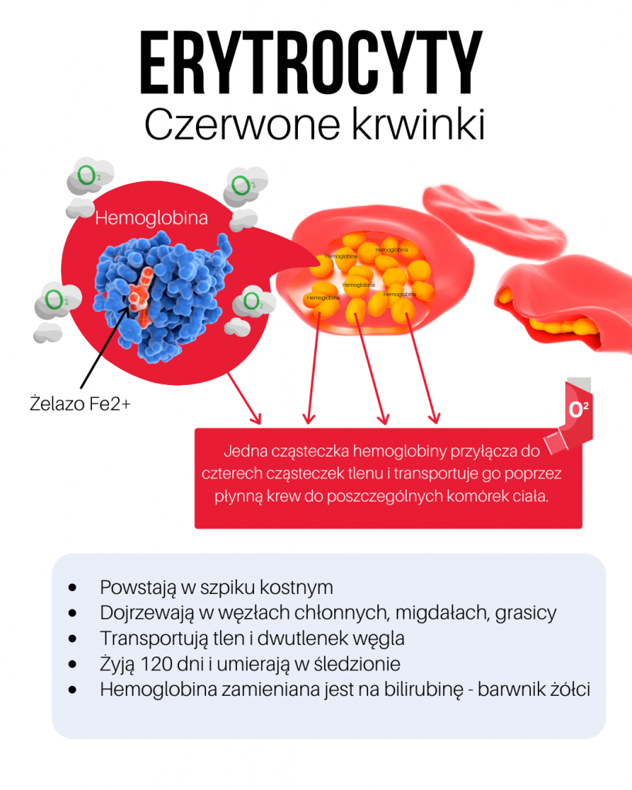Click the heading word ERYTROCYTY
point(311,62)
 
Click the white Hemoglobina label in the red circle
point(151,218)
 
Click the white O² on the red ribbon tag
point(579,410)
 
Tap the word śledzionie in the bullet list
point(352,664)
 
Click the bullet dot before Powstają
point(73,587)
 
